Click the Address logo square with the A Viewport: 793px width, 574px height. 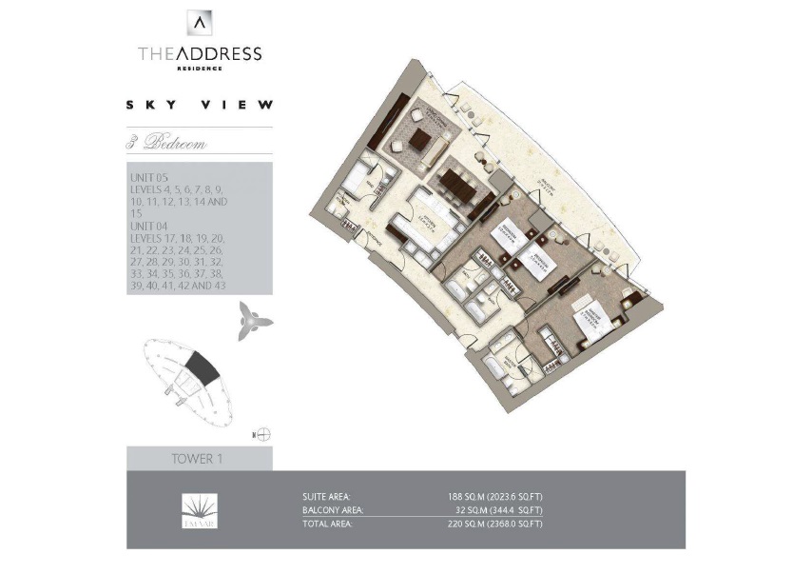(200, 23)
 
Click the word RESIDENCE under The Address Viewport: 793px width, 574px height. (200, 69)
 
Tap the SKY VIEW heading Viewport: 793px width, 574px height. (200, 106)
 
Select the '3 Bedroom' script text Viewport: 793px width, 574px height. (167, 145)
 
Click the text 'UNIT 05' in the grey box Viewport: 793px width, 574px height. (146, 177)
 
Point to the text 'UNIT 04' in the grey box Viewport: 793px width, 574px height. (146, 226)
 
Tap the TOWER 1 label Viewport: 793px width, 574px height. (197, 459)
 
